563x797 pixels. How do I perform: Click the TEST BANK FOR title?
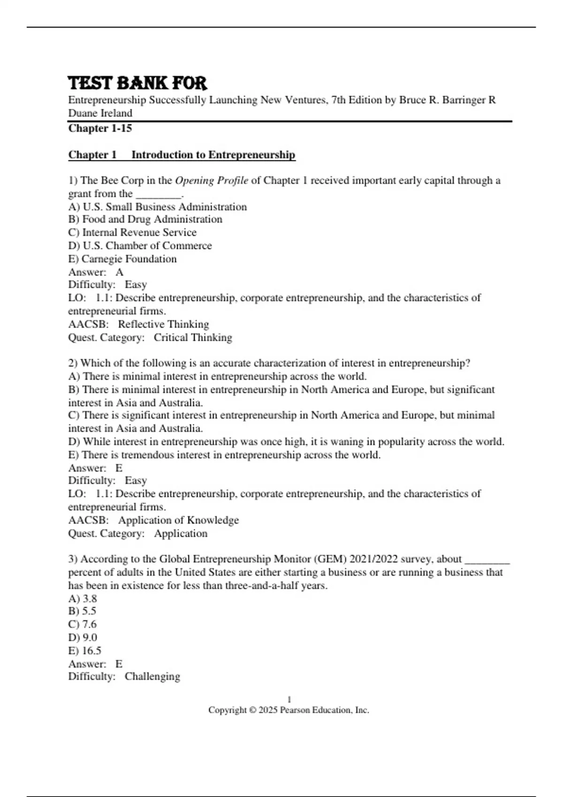click(x=137, y=83)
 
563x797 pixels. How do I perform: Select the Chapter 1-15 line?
click(x=100, y=128)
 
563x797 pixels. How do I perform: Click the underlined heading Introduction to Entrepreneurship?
click(x=213, y=155)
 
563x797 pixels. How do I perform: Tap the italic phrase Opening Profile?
click(x=211, y=180)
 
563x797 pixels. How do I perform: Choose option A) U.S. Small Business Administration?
click(x=157, y=207)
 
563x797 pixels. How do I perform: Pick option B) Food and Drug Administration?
click(x=145, y=219)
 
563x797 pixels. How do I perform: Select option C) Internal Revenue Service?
click(x=132, y=233)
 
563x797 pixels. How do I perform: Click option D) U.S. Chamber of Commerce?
click(x=140, y=246)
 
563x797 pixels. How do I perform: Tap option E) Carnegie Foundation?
click(x=122, y=259)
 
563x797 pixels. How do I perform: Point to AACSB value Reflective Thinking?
click(x=163, y=324)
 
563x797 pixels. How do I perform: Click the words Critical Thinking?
click(x=193, y=338)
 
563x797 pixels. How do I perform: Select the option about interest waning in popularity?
click(x=286, y=442)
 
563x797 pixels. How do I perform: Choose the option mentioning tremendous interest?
click(x=224, y=455)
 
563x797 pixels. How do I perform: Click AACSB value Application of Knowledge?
click(x=178, y=520)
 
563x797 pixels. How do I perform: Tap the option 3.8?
click(x=83, y=599)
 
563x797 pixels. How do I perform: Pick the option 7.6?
click(x=83, y=624)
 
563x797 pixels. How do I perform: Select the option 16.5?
click(x=84, y=651)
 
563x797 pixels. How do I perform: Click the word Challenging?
click(x=152, y=677)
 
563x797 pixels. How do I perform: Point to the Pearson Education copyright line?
click(x=289, y=710)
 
